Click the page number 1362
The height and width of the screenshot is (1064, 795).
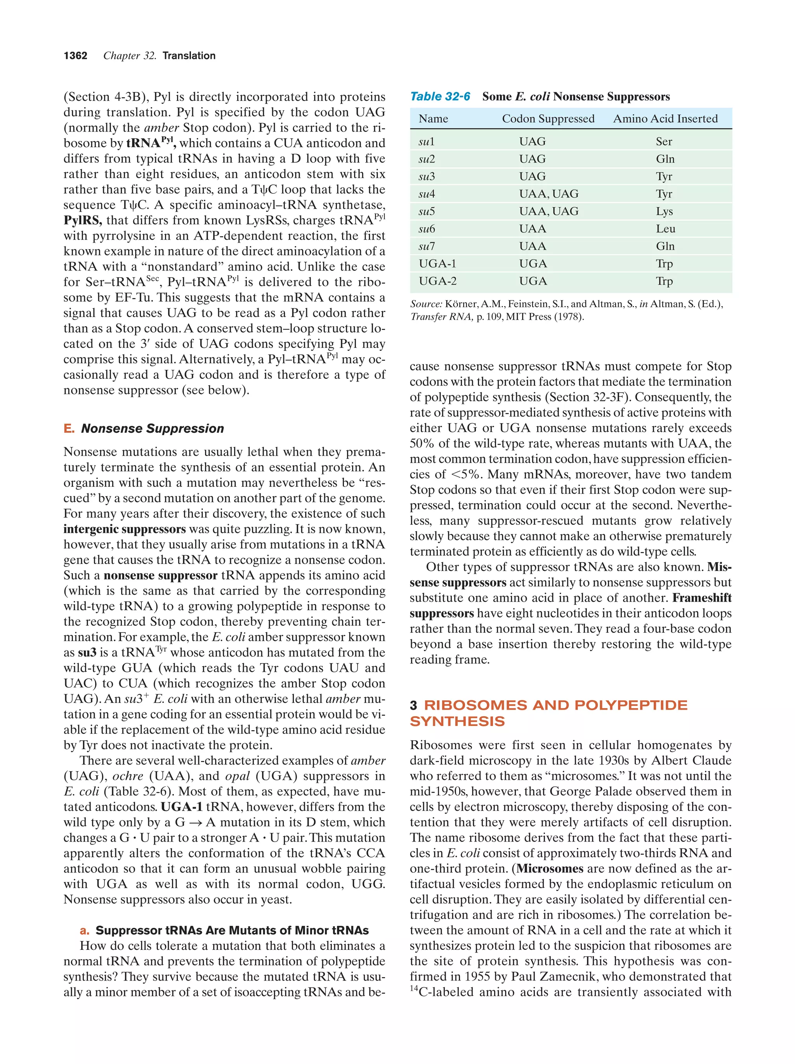coord(76,56)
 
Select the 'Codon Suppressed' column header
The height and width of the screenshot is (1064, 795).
coord(548,119)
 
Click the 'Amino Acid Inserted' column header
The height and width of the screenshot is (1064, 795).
coord(665,119)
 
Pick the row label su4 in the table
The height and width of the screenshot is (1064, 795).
coord(427,194)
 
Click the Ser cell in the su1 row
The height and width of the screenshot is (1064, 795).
coord(664,141)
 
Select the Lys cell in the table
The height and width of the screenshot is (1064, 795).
coord(664,211)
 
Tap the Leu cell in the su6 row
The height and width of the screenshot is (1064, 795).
coord(665,229)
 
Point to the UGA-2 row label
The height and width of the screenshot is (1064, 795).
coord(437,281)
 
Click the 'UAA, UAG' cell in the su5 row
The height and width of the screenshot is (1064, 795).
coord(548,211)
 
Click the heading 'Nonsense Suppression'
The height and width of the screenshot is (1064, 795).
coord(153,429)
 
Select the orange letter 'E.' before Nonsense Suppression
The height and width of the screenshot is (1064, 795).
coord(69,429)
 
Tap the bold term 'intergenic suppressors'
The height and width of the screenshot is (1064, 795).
coord(125,529)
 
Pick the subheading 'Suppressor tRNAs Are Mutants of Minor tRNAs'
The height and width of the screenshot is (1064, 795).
coord(232,930)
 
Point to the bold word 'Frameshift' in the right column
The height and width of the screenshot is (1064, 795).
coord(702,598)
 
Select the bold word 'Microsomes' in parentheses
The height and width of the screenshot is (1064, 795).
coord(550,868)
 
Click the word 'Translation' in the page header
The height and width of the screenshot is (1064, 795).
coord(189,56)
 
